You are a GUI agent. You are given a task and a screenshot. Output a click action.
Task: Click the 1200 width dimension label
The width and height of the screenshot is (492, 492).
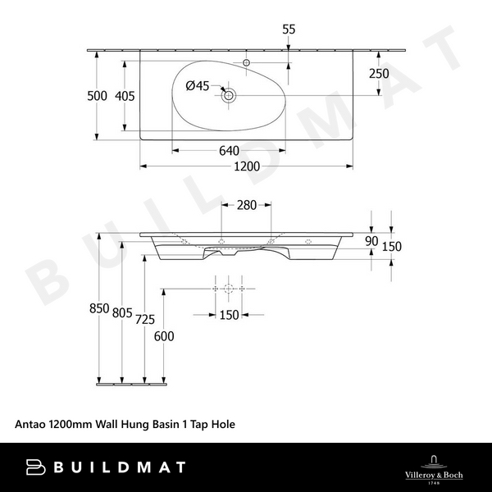click(247, 166)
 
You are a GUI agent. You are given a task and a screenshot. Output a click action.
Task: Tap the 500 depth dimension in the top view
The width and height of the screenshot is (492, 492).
click(98, 96)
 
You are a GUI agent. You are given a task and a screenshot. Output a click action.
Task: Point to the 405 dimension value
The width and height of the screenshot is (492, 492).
click(125, 96)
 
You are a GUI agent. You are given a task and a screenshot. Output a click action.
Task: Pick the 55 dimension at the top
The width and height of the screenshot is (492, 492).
click(289, 30)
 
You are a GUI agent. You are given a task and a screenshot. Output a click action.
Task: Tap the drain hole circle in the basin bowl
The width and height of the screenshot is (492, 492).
click(229, 96)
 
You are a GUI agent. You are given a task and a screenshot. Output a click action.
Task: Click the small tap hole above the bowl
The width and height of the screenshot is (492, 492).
click(246, 62)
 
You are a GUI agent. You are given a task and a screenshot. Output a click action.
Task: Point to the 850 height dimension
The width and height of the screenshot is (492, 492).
click(99, 308)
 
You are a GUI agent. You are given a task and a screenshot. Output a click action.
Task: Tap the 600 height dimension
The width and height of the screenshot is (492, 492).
click(164, 335)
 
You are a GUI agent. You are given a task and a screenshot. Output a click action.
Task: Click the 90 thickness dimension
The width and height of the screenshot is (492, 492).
click(371, 241)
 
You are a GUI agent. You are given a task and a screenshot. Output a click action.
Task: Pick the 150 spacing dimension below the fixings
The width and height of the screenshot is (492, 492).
click(229, 316)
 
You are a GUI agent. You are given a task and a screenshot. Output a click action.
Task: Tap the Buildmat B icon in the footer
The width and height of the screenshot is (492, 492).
click(35, 467)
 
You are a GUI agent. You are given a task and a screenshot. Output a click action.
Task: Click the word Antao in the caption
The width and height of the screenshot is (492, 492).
click(30, 425)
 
